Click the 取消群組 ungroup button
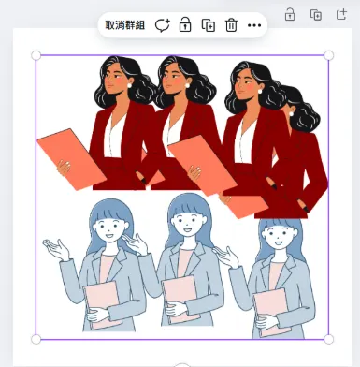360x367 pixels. [125, 25]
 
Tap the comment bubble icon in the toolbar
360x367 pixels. [162, 25]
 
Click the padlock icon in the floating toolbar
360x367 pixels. [185, 24]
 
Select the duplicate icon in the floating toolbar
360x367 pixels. [209, 25]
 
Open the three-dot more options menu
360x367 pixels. [254, 25]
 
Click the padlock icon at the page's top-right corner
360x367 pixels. [290, 14]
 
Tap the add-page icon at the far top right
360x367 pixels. [341, 14]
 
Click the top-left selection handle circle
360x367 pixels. [36, 55]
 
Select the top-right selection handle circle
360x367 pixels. [329, 55]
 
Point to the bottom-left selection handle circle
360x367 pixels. [36, 339]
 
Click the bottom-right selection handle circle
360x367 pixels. [329, 339]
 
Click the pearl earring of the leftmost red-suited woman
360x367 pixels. [129, 85]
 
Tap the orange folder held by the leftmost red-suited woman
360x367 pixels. [72, 159]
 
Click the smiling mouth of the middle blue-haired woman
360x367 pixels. [187, 230]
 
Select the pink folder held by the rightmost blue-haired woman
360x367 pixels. [271, 312]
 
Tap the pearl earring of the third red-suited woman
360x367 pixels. [260, 92]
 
